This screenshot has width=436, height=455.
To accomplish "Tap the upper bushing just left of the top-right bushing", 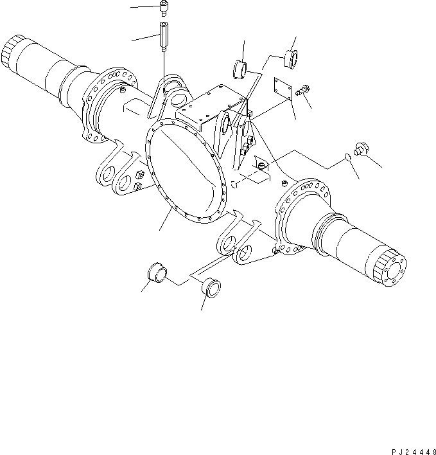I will tap(241, 67).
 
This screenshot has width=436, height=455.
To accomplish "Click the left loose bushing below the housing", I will tap(157, 272).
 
